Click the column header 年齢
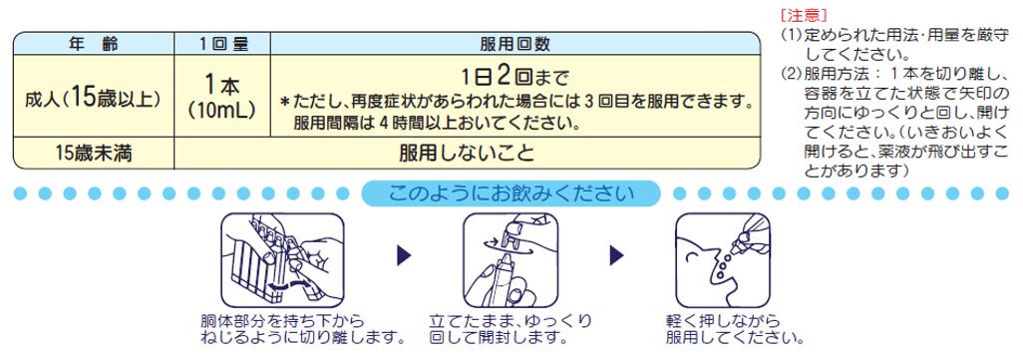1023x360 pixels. tap(94, 44)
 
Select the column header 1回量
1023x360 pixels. tap(221, 44)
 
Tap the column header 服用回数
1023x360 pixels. tap(514, 44)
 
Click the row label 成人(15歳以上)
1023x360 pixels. tap(93, 98)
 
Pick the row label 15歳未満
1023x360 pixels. tap(93, 154)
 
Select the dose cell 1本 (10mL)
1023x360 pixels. tap(221, 97)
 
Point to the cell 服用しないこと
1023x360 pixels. tap(467, 154)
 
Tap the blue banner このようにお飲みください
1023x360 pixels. tap(511, 193)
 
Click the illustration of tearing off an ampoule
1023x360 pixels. tap(282, 259)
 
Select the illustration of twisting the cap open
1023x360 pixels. tap(511, 259)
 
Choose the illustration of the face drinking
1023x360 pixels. tap(723, 259)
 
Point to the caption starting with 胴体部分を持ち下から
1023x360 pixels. tap(302, 330)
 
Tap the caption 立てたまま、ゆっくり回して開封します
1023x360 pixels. tap(511, 330)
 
